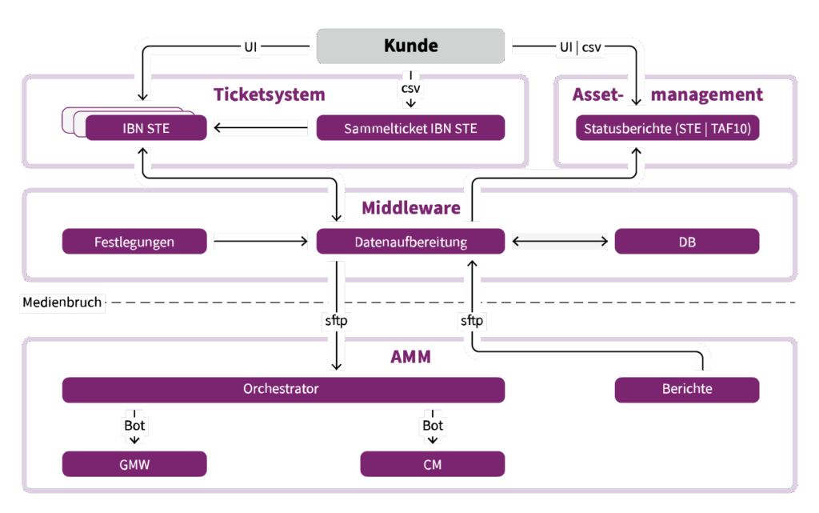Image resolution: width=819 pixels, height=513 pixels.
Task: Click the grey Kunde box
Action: point(411,46)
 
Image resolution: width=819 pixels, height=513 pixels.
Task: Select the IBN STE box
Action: point(146,128)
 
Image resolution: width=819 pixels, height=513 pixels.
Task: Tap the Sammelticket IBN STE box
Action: point(410,128)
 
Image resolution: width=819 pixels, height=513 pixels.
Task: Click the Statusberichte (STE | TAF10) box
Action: point(667,128)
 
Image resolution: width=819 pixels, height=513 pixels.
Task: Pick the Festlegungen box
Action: point(134,241)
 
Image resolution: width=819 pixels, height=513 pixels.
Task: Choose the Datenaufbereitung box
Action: point(410,241)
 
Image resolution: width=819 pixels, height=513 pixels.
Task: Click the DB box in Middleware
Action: point(686,241)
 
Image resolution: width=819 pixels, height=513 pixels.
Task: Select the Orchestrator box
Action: point(282,390)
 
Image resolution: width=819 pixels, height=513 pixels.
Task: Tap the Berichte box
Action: point(686,390)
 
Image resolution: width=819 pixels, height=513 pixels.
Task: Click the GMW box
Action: point(134,464)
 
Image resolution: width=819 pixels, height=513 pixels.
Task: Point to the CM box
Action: point(432,464)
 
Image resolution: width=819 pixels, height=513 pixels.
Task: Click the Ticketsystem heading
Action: point(270,94)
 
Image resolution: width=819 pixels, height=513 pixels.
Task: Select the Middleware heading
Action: point(410,208)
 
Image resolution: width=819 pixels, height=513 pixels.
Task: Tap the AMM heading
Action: point(410,357)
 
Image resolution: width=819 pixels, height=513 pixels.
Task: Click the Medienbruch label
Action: point(62,303)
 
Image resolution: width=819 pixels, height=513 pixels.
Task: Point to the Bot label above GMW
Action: point(134,426)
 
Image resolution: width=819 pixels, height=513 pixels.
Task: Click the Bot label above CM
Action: point(433,426)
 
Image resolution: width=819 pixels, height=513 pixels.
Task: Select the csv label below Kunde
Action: point(410,89)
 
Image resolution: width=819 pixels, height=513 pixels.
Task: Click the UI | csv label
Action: point(580,47)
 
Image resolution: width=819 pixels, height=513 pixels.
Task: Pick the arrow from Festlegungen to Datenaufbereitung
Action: point(261,241)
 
